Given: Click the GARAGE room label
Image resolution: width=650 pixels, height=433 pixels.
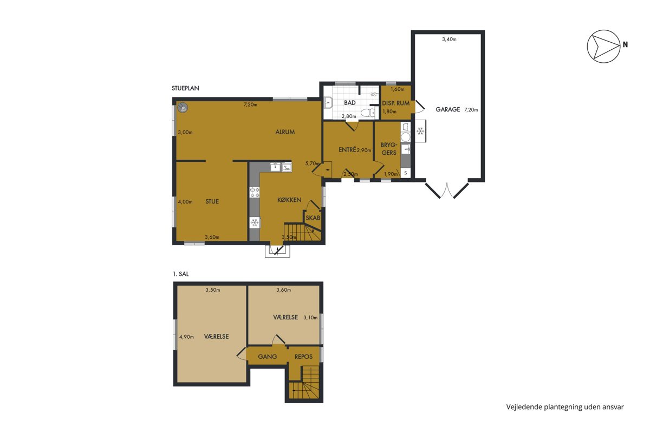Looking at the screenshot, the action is [448, 109].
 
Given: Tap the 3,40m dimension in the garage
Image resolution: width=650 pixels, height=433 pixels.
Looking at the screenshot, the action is [449, 39].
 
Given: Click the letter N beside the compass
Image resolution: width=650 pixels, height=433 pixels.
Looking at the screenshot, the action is [625, 45].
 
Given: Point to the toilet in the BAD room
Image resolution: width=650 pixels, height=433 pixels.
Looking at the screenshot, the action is [368, 112].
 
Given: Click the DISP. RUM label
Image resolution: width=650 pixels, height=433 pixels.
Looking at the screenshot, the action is [396, 103].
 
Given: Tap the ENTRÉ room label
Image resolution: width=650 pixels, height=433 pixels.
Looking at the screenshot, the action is [347, 149].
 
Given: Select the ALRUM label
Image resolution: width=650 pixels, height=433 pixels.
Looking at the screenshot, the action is [285, 132].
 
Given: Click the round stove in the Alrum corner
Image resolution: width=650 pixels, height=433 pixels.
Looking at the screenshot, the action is [184, 107].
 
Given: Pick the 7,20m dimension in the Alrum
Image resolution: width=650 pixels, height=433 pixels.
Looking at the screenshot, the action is [250, 104].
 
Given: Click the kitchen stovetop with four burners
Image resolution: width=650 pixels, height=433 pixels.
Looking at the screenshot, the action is [255, 192].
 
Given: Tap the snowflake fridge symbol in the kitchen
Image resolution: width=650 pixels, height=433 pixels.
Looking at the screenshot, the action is [255, 223].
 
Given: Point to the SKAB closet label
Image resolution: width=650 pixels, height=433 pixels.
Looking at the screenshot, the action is [313, 218].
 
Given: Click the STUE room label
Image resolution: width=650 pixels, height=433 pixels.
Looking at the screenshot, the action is [212, 201].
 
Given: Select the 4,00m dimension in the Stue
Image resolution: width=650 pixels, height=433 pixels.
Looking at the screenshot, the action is [185, 202].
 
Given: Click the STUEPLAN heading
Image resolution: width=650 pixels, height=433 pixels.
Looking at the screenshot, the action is [185, 88].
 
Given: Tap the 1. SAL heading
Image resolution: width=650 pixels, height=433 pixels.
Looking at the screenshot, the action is [180, 274].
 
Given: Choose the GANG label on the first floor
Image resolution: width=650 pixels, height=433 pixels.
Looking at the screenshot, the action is [267, 357].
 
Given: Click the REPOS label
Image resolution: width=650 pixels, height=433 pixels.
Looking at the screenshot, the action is [303, 357].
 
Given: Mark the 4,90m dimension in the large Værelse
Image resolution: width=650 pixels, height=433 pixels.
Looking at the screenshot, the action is [186, 337].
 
